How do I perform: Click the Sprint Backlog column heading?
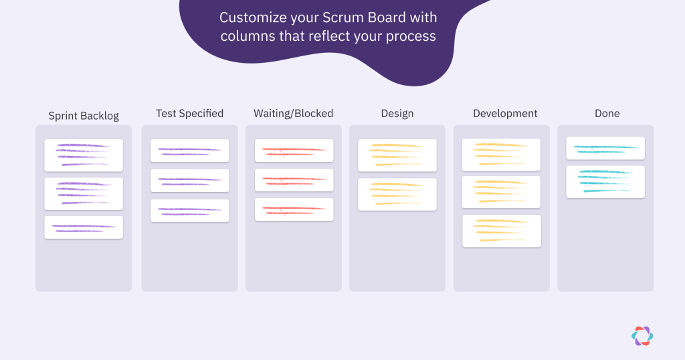point(84,116)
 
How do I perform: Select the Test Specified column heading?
point(189,114)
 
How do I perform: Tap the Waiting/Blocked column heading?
point(294,114)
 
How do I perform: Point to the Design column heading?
point(397,114)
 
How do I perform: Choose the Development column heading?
point(505,114)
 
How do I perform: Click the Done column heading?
point(607,114)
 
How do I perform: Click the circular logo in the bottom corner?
point(642,336)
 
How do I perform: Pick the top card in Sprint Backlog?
point(84,155)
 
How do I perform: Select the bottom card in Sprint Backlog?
point(84,228)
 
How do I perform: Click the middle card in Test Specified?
point(189,181)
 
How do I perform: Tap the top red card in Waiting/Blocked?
point(294,151)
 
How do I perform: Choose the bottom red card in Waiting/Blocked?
point(294,209)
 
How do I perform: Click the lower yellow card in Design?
point(397,195)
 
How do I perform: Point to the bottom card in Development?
point(502,231)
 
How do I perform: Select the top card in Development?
point(501,155)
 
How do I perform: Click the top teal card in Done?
point(605,148)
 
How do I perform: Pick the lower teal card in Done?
point(605,182)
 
